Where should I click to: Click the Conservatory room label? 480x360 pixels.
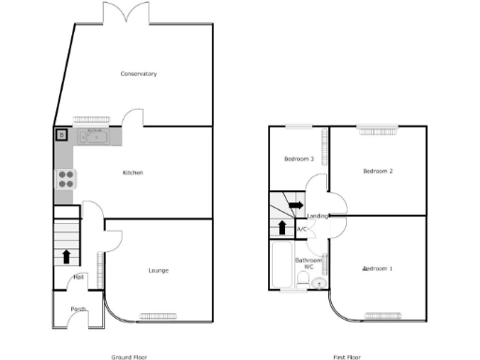coord(138,73)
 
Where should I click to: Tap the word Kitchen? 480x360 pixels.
coord(132,172)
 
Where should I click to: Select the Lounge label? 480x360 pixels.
coord(158,271)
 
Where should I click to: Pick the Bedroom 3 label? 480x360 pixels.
coord(298,158)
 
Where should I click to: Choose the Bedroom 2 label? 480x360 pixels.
coord(377,171)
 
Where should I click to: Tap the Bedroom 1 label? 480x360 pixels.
coord(378,269)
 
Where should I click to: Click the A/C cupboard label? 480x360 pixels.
coord(302,230)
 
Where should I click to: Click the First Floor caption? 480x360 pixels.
coord(347,357)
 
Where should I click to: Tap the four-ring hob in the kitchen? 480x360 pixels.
coord(67,178)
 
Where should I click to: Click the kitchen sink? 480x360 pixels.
coord(95,137)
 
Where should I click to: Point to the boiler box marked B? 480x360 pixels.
coord(62,135)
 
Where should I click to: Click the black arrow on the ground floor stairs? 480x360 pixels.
coord(67,254)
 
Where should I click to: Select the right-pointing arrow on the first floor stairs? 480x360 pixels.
coord(294,205)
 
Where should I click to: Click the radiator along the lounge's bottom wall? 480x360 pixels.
coord(158,314)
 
